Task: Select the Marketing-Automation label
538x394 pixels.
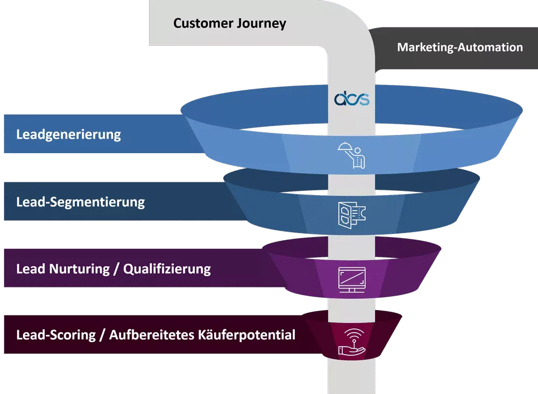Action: (x=459, y=47)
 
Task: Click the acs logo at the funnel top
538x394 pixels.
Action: (x=351, y=99)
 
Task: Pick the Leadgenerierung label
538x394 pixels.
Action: (x=68, y=134)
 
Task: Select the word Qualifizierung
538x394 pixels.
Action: (x=167, y=268)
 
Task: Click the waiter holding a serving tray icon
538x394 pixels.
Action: (x=351, y=155)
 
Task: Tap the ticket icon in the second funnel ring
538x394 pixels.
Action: (x=351, y=215)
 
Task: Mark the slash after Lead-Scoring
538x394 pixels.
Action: (x=101, y=335)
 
